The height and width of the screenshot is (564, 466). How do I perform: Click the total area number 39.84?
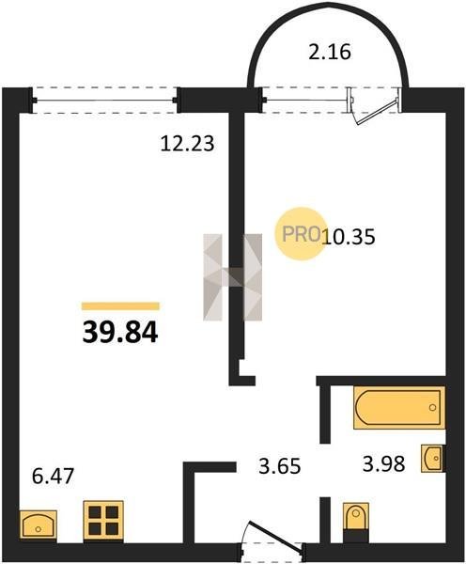click(x=120, y=333)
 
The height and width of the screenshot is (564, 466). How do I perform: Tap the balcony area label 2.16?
click(x=330, y=52)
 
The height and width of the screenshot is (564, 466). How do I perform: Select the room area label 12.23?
click(x=187, y=144)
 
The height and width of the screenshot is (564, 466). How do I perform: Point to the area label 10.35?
click(x=349, y=237)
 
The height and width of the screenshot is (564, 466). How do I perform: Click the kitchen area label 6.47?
click(x=53, y=477)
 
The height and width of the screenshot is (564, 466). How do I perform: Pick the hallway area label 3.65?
click(x=280, y=466)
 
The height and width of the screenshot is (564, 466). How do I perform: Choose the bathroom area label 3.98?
click(x=384, y=463)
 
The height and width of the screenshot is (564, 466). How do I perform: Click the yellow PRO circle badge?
click(x=302, y=234)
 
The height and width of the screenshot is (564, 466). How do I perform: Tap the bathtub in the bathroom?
click(x=399, y=408)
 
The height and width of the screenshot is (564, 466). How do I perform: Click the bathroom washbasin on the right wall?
click(x=432, y=459)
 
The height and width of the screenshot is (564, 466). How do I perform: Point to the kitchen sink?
click(x=39, y=525)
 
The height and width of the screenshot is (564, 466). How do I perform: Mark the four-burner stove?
click(x=103, y=521)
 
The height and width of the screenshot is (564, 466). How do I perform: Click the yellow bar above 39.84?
click(x=120, y=306)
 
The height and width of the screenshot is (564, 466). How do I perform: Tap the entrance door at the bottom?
click(x=273, y=538)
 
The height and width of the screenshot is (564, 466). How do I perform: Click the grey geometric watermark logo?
click(x=233, y=277)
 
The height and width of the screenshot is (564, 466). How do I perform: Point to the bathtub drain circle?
click(x=432, y=408)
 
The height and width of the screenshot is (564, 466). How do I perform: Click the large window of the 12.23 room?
click(x=105, y=101)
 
